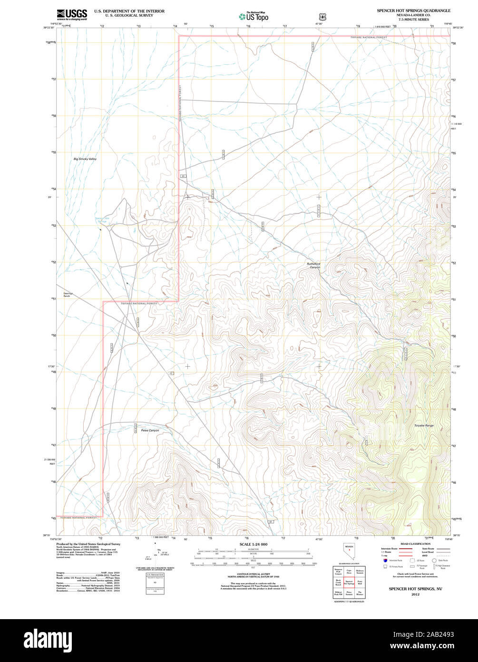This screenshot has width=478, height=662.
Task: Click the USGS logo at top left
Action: pyautogui.click(x=72, y=15)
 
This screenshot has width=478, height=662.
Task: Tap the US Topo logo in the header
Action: pyautogui.click(x=254, y=16)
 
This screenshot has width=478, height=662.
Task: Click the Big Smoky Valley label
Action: pyautogui.click(x=85, y=159)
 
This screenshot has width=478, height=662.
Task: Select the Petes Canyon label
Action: pyautogui.click(x=150, y=430)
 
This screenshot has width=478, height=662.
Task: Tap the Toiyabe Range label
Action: pyautogui.click(x=423, y=425)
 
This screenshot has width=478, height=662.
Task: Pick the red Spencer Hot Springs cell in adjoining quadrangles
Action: pyautogui.click(x=349, y=582)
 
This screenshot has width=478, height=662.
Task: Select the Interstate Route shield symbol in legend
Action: pyautogui.click(x=385, y=561)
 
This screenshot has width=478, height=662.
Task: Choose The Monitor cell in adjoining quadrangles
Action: pyautogui.click(x=360, y=593)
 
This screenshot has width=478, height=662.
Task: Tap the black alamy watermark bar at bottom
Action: pyautogui.click(x=239, y=640)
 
